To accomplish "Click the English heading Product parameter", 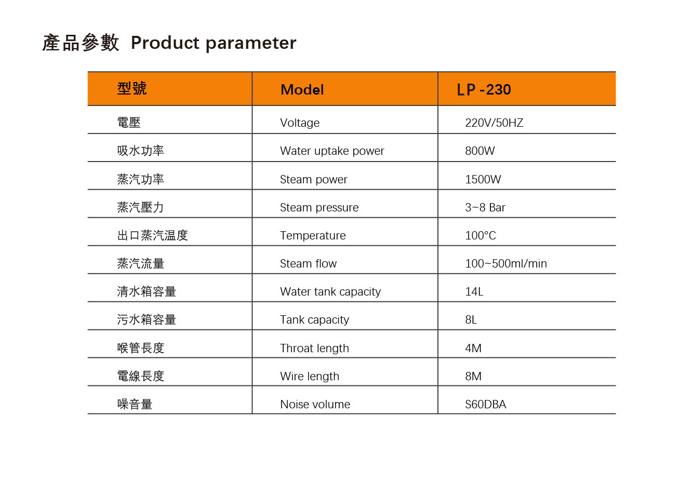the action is coord(214,43).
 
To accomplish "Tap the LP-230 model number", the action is coord(484,90).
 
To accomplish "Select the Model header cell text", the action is coord(302,90).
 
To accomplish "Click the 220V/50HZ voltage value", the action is coord(494,123).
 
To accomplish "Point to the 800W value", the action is coord(480,151).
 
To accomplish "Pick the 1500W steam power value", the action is coord(483,179).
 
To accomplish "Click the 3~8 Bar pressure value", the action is coord(485,207).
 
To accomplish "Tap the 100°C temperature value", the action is coord(481,235).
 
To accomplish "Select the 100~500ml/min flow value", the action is coord(506,263).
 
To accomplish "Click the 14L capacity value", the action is coord(474,291).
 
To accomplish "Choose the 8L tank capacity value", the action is coord(471,319).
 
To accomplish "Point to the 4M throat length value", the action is coord(473,348).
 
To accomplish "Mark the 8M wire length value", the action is coord(473,376).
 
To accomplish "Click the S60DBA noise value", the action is coord(485,404).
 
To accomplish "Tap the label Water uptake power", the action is coord(332,151).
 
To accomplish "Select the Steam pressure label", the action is coord(319,208).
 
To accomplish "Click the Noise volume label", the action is coord(315,404).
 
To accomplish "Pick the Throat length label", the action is coord(314,349).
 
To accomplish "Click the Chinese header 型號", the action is coord(132,88).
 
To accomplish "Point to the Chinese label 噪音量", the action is coord(135,404).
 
